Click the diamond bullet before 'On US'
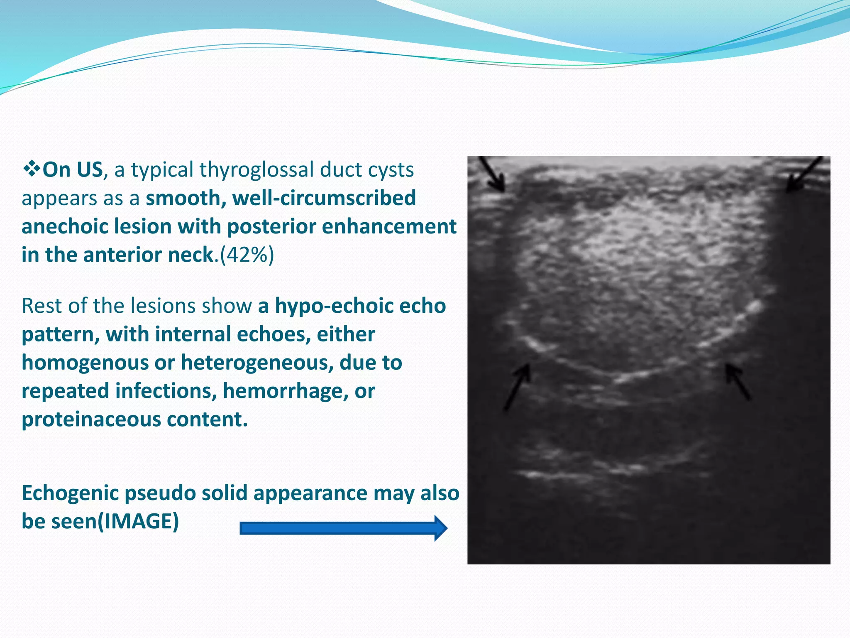(x=32, y=169)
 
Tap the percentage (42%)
(x=247, y=255)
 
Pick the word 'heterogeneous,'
(x=257, y=363)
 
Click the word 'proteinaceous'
(x=91, y=419)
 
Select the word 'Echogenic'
(x=70, y=493)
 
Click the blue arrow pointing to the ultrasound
(x=344, y=528)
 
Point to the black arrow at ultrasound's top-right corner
(x=804, y=174)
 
